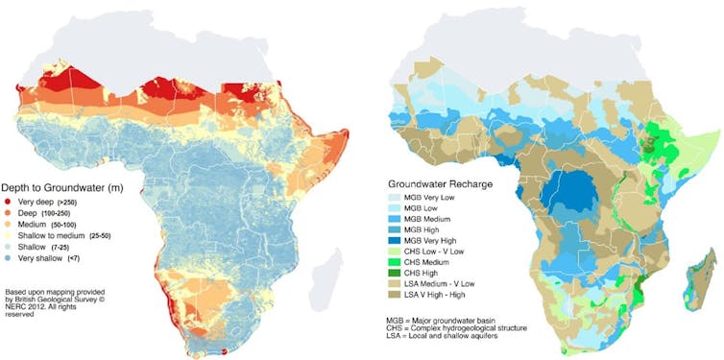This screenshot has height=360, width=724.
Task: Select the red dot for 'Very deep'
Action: coord(9,204)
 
